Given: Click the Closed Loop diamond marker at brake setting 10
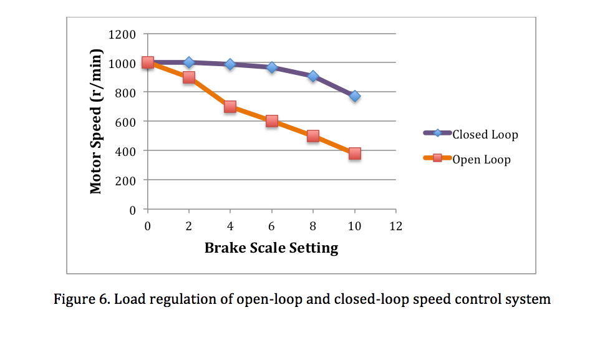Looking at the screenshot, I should tap(354, 96).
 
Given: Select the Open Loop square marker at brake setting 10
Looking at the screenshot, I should tap(354, 153).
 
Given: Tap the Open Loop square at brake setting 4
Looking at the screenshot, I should tap(230, 107).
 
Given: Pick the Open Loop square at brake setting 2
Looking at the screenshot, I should tap(189, 77).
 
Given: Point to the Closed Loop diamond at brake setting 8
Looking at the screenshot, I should tap(313, 76).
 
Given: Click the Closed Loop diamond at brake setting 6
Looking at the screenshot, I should tap(272, 67).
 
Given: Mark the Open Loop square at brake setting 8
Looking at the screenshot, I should tap(313, 136).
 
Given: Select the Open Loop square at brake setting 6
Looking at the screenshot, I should tap(272, 121).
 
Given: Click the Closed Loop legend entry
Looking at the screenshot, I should tap(485, 134).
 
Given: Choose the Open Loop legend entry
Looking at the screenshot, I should tap(481, 159).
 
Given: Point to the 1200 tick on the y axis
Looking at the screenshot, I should tap(122, 34).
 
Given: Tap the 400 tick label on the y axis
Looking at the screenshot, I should tap(125, 151).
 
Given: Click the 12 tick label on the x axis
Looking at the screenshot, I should tap(395, 226).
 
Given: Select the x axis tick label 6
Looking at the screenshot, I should tap(272, 226).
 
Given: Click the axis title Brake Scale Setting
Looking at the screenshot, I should tap(271, 248).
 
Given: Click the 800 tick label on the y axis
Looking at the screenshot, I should tap(125, 92).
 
